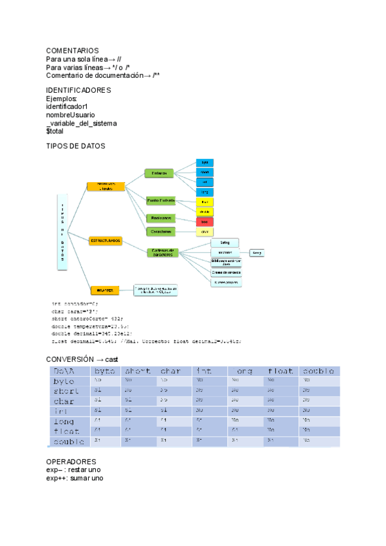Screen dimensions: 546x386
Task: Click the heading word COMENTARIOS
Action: point(72,50)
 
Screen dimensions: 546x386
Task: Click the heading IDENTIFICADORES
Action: point(78,90)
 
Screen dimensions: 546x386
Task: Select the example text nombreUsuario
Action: point(70,115)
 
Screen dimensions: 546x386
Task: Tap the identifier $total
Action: point(55,131)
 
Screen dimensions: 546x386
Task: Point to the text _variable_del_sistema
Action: point(81,123)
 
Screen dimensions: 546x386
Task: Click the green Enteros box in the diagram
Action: point(160,173)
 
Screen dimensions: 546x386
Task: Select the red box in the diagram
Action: point(205,221)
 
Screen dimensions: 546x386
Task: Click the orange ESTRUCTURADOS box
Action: point(106,240)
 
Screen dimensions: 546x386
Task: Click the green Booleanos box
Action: point(160,218)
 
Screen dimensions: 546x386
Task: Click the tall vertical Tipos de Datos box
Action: point(63,231)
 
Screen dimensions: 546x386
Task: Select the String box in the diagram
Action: point(225,243)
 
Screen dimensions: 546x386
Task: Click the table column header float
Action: point(280,371)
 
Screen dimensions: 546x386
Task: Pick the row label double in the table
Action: point(69,442)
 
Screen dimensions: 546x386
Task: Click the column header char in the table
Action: point(171,371)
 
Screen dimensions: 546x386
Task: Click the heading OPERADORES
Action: point(71,462)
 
